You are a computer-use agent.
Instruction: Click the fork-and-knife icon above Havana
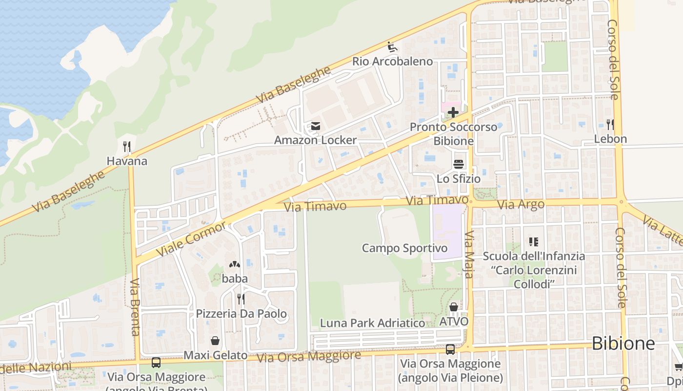click(127, 146)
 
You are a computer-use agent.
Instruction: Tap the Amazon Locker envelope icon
click(315, 127)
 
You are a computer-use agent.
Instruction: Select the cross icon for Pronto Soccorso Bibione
click(453, 113)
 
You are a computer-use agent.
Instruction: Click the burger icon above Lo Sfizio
click(458, 164)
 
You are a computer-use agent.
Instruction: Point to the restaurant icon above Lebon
click(610, 124)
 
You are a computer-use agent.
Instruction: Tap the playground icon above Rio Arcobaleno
click(392, 47)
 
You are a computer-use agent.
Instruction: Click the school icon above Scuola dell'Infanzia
click(533, 241)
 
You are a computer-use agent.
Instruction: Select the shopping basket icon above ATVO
click(453, 307)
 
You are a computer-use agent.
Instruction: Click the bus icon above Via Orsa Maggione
click(450, 349)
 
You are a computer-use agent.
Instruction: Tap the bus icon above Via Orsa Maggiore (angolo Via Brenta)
click(156, 363)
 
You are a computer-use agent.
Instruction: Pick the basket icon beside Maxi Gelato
click(215, 341)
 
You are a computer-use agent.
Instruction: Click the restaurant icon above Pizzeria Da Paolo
click(241, 299)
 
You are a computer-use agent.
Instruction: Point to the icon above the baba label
click(235, 264)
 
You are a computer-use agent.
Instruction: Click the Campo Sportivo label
click(404, 248)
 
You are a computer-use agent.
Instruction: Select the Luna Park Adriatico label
click(373, 323)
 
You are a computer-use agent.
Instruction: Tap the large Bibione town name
click(623, 344)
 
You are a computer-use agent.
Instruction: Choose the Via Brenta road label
click(135, 307)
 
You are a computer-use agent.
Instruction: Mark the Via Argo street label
click(521, 204)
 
